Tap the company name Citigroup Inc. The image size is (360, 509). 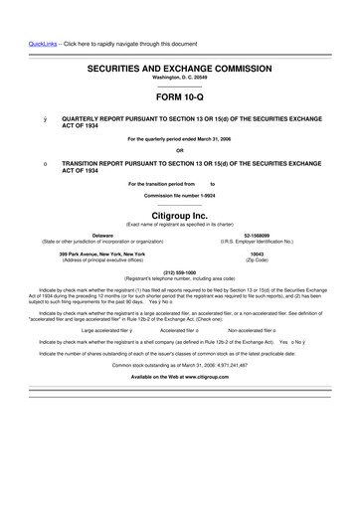pyautogui.click(x=180, y=215)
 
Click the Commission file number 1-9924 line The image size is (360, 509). pyautogui.click(x=180, y=196)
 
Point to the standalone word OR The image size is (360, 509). pyautogui.click(x=180, y=150)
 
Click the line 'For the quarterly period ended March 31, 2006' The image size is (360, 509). pyautogui.click(x=180, y=138)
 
